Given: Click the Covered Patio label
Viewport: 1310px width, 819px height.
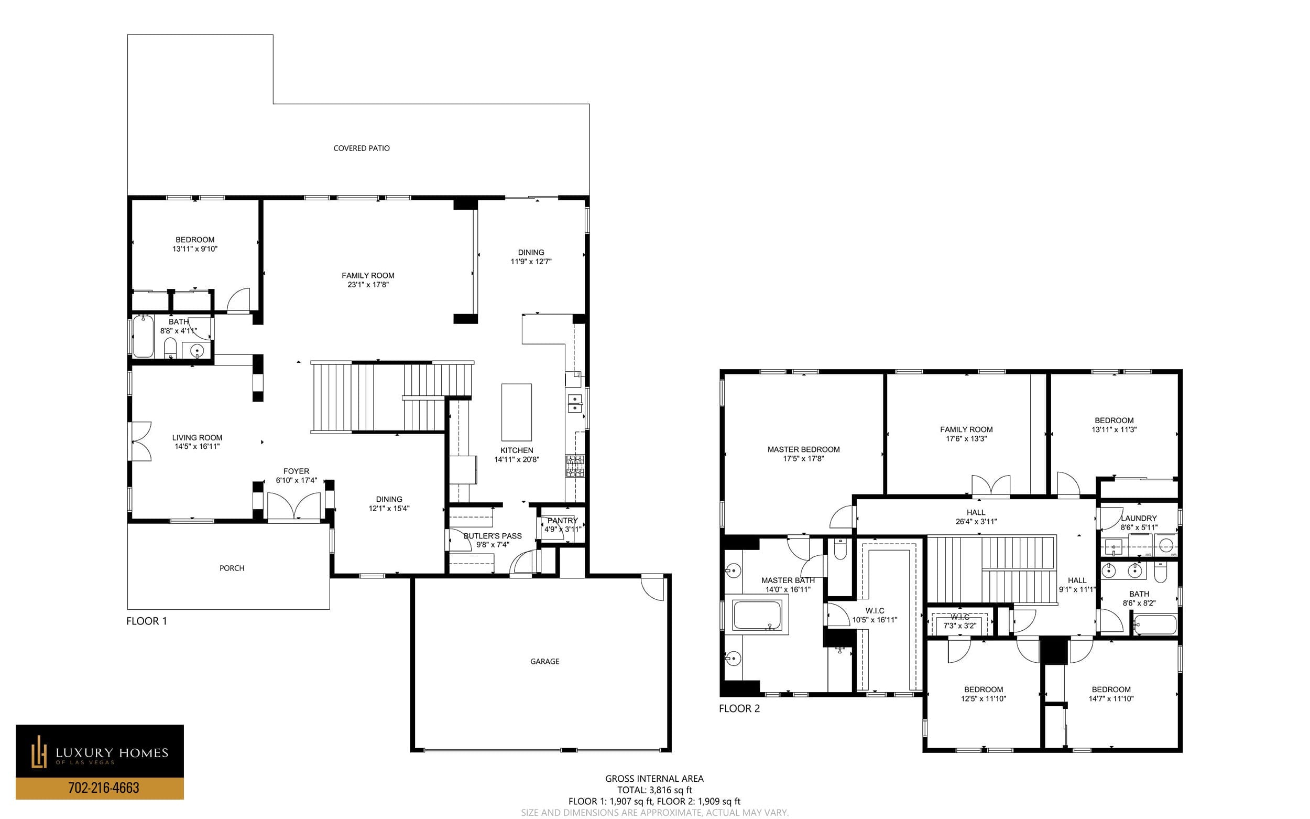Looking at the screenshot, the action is tap(361, 148).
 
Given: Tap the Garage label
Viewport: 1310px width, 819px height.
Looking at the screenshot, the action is tap(544, 661).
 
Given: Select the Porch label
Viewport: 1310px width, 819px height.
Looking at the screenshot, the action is tap(232, 568).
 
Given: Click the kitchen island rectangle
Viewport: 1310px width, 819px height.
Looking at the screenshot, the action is tap(517, 412).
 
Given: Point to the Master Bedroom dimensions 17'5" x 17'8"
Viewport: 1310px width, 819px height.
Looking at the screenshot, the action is tap(803, 458).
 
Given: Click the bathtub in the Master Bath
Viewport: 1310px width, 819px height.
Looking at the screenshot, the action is tap(757, 615).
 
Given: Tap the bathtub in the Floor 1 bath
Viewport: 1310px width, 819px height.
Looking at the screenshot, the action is tap(144, 337).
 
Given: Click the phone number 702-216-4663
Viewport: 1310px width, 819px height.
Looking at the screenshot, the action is tap(103, 788).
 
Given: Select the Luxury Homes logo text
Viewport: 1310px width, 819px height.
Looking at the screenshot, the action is tap(112, 753).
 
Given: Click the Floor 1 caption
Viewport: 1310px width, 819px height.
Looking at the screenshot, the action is tap(147, 621).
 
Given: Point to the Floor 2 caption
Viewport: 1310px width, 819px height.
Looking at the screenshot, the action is tap(739, 708).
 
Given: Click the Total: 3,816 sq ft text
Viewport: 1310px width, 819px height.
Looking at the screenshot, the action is tap(654, 790).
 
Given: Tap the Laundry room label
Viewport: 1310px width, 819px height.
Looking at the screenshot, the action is tap(1139, 519).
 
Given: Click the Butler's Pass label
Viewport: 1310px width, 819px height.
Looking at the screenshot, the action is tap(493, 536).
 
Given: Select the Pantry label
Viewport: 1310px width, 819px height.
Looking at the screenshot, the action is tap(562, 521).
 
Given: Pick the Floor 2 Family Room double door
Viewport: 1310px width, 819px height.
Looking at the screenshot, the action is tap(990, 486).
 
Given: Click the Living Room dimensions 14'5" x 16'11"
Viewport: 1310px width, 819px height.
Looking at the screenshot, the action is tap(197, 446).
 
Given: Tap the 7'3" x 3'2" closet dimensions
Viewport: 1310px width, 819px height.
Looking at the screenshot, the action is tap(960, 626).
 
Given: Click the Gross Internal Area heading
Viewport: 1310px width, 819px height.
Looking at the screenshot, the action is tap(654, 779).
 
